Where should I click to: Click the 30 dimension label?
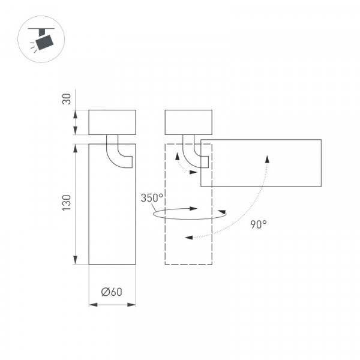67,99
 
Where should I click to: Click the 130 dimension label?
67,203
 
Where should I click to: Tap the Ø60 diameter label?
112,292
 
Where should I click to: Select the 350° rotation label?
152,198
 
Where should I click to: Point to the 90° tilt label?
259,224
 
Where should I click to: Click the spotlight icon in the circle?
43,40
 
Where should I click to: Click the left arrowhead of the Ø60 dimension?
93,305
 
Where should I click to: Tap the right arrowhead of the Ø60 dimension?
131,305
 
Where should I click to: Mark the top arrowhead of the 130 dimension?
75,148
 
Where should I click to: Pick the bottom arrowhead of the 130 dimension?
75,260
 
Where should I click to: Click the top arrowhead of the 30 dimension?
75,115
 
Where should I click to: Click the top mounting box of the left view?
112,122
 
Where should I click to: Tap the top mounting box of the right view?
188,122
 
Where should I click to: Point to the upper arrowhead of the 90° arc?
267,159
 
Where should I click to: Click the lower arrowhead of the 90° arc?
189,238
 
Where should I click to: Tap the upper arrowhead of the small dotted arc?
177,156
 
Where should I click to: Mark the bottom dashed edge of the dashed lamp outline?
188,264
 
